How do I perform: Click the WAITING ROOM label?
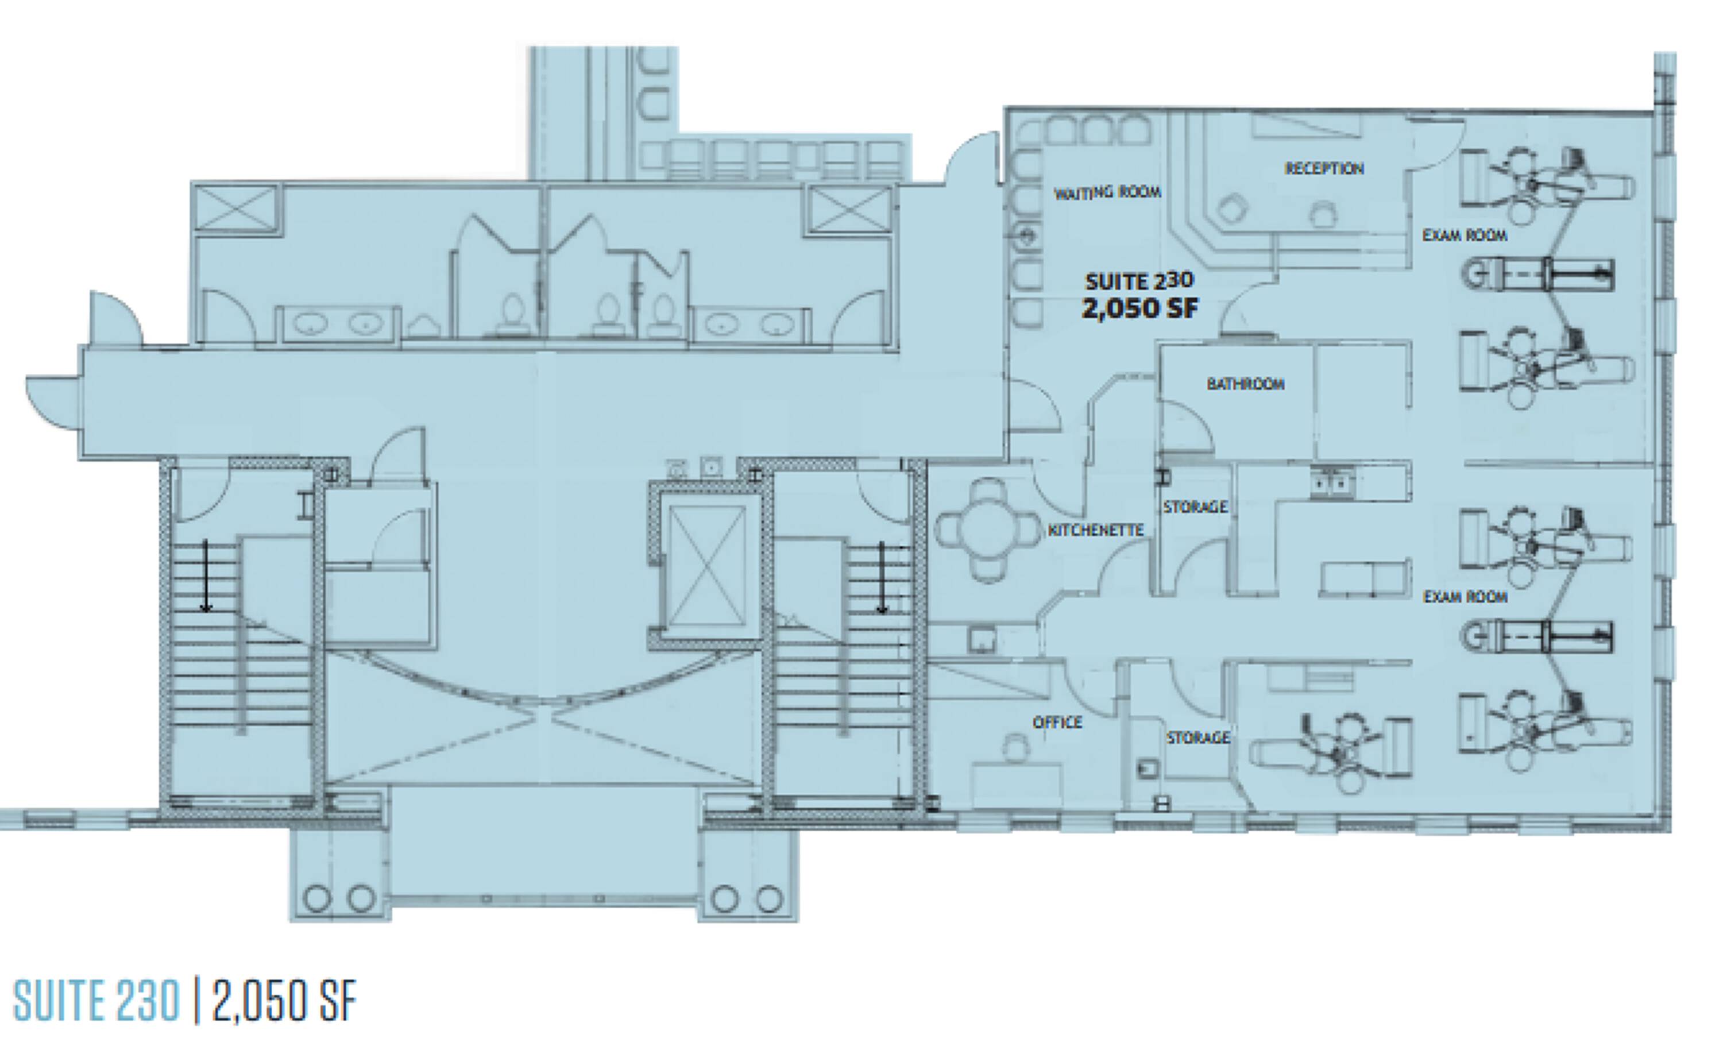point(1108,192)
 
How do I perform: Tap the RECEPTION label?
point(1324,168)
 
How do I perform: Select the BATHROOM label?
point(1245,383)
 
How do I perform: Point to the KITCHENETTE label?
point(1095,530)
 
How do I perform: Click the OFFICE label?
point(1057,722)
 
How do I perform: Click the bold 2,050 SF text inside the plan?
point(1141,308)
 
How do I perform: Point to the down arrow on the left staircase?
point(206,576)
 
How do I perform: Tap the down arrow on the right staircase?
point(882,578)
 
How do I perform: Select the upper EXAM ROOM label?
point(1465,235)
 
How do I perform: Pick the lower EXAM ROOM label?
point(1466,597)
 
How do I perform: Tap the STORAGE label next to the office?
point(1198,737)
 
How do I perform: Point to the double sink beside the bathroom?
point(1333,482)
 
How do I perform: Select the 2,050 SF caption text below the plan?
point(283,1002)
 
